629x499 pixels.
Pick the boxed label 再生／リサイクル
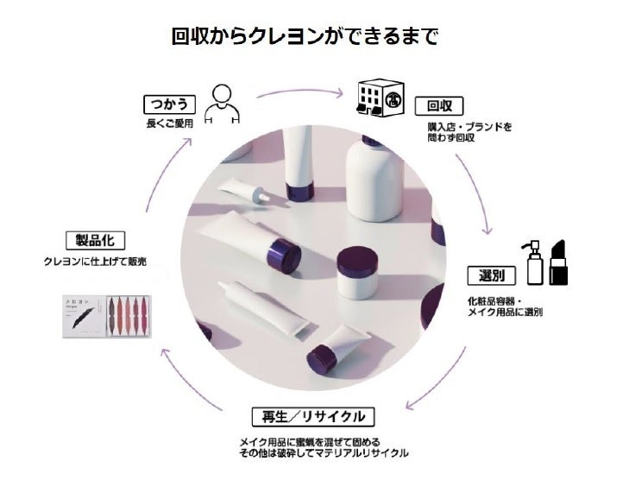point(313,417)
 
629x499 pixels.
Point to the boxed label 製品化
point(90,239)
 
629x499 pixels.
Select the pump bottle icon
point(532,264)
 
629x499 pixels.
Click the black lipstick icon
point(557,262)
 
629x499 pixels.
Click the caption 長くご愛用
point(169,123)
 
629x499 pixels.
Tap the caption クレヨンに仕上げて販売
point(95,259)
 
